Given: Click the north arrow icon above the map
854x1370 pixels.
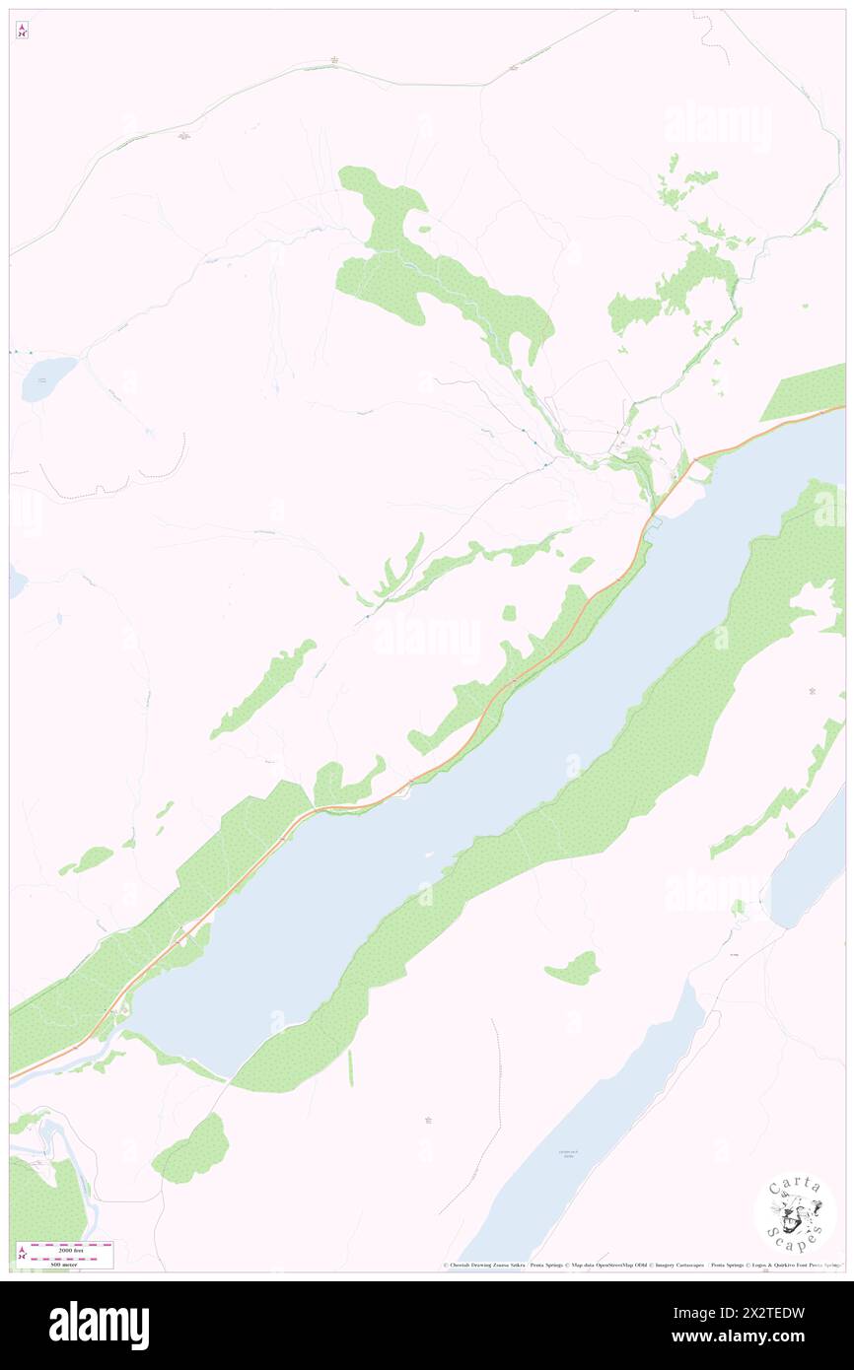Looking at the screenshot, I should pos(22,31).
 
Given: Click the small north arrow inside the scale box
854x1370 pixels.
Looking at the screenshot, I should pos(22,1255).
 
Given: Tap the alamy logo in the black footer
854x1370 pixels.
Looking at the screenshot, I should pos(99,1326).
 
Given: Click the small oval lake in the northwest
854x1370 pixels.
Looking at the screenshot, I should pos(47,378).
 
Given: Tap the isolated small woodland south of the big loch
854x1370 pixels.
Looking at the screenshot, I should pos(574,968).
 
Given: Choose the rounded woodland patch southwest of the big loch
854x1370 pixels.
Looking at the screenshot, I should pos(192,1149).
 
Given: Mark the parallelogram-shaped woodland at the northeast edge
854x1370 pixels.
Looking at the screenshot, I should pos(801,392).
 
